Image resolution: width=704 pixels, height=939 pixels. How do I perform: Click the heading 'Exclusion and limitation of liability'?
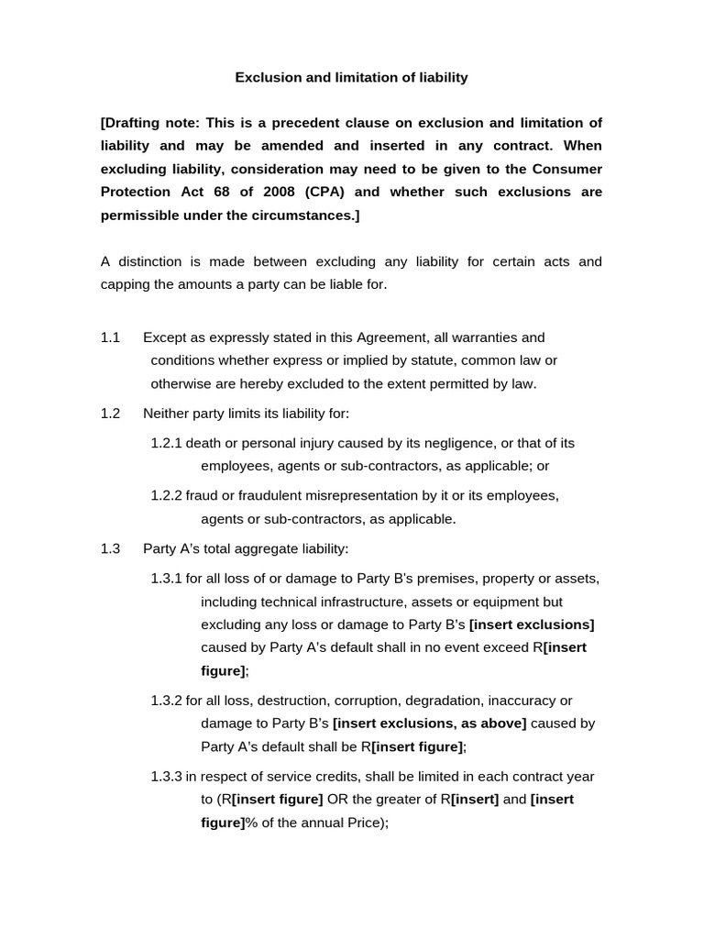351,78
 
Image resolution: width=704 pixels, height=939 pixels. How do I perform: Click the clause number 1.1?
110,337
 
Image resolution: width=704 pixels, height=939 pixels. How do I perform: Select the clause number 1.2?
110,414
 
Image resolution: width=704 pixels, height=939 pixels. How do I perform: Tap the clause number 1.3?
110,548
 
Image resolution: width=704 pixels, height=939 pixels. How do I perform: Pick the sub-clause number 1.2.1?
166,443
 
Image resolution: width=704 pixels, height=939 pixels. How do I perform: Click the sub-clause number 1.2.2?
166,495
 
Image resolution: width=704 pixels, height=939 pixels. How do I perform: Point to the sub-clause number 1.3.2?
166,701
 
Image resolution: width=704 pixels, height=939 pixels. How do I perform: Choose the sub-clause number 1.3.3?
166,776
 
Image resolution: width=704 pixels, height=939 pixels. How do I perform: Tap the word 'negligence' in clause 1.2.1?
442,443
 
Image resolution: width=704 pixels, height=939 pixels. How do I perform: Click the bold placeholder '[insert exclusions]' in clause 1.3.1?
532,624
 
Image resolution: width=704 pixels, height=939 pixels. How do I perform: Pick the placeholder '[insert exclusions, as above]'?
429,724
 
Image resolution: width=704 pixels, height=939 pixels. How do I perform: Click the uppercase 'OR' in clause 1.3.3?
338,799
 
